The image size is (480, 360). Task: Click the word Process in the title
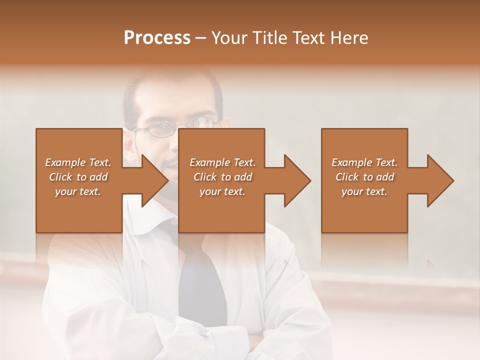pos(157,38)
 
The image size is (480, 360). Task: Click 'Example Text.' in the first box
pos(78,162)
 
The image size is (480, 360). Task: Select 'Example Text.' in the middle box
pos(222,162)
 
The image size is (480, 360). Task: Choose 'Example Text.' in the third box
pos(364,162)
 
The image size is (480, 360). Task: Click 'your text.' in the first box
pos(78,191)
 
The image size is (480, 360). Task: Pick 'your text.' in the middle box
pos(222,191)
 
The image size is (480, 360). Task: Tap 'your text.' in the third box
pos(364,191)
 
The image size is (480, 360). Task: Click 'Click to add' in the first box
pos(78,177)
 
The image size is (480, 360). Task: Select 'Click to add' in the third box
pos(364,177)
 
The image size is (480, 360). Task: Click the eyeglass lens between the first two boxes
pos(159,129)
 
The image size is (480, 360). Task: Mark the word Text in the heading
pos(308,38)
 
